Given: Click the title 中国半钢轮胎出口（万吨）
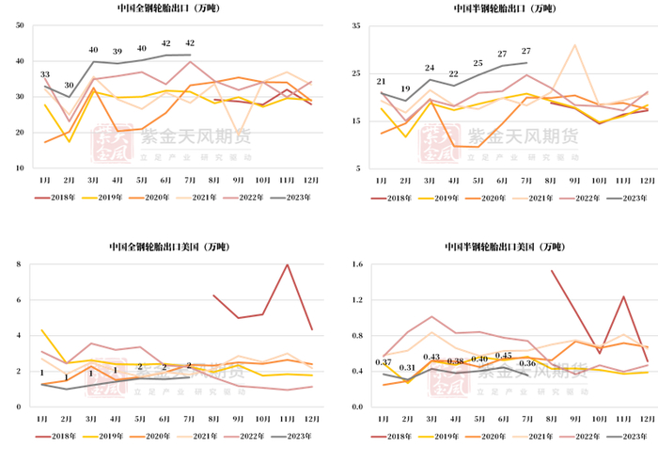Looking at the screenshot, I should coord(505,9).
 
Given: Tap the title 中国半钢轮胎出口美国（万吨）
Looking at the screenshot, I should coord(505,247).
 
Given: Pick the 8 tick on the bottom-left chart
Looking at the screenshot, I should coord(21,264).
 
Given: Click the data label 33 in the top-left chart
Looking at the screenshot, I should coord(44,74).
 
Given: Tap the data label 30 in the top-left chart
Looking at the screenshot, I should coord(69,85).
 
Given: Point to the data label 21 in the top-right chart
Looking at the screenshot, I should coord(381,82).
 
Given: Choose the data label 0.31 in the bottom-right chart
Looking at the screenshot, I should coord(406,368).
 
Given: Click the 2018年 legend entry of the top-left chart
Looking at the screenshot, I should coord(59,199).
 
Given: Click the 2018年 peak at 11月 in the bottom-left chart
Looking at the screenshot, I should coord(287,264).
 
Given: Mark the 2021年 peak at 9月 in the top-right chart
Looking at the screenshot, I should coord(574,45).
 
